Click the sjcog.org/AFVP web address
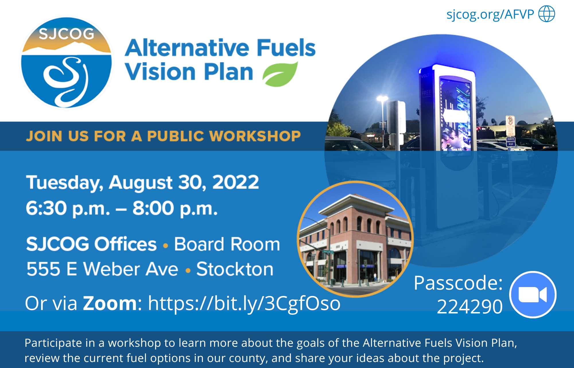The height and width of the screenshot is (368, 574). coord(490,14)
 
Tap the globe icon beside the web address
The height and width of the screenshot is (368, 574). coord(546,14)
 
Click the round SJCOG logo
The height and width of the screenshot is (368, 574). coord(66,63)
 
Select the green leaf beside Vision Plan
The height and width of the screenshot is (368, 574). coord(280,74)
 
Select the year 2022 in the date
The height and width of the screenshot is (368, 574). coord(235,182)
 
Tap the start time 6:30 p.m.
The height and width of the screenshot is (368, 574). coord(68,208)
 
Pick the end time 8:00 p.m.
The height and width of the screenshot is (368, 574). coord(175,208)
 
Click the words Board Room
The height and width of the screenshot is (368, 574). coord(227,244)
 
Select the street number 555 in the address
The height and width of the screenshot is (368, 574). coord(43,269)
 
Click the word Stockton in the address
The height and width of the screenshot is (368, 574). coord(235,269)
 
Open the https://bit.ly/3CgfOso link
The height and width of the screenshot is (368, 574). coord(244,304)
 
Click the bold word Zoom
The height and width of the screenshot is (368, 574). coord(110,303)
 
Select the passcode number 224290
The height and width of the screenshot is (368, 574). coord(470,307)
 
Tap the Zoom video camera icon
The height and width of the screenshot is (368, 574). coord(533,295)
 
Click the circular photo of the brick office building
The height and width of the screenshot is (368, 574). coord(355,239)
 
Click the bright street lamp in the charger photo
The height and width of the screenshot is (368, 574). coord(382,99)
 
